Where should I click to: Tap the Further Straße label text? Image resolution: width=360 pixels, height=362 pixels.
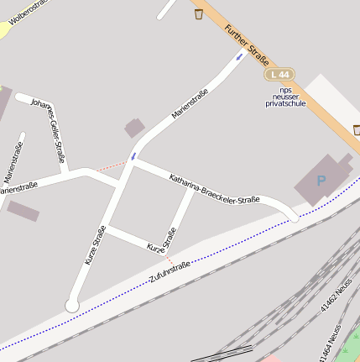tap(247, 45)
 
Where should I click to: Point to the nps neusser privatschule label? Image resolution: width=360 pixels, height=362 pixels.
tap(285, 97)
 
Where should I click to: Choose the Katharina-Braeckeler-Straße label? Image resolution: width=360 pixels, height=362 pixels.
tap(214, 190)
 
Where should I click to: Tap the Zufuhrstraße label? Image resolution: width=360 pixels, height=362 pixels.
tap(170, 271)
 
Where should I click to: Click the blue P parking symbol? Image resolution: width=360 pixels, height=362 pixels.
tap(321, 180)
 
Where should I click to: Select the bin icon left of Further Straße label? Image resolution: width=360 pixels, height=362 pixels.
tap(199, 14)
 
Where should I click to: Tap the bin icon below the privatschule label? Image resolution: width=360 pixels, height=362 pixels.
tap(357, 129)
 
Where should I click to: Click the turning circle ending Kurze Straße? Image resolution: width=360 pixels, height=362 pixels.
tap(72, 306)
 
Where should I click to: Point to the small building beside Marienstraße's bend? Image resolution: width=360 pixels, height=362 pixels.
tap(134, 128)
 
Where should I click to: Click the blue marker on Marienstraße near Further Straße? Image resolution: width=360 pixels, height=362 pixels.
tap(240, 57)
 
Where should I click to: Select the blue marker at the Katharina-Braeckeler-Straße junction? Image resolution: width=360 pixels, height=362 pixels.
tap(133, 155)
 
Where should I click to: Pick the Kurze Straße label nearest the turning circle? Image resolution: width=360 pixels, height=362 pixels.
tap(95, 246)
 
